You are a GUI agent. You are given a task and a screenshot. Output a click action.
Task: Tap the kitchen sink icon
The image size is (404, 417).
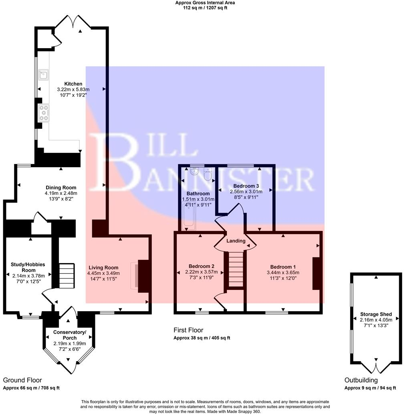click(43, 75)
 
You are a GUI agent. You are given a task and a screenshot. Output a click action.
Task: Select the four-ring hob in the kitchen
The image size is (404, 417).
click(44, 113)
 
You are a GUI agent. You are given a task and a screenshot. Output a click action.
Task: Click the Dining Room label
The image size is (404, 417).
click(61, 188)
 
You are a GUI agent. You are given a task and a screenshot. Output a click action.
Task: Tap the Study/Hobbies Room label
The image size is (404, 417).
click(28, 267)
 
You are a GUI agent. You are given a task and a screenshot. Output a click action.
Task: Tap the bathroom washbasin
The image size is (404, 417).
click(194, 171)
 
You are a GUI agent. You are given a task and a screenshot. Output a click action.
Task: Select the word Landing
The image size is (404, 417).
click(236, 241)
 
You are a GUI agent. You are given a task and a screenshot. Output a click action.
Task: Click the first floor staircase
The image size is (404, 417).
click(236, 269)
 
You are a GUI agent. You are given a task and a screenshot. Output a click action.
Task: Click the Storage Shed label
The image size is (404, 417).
click(376, 314)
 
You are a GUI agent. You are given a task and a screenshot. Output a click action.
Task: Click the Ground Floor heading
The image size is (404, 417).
click(22, 380)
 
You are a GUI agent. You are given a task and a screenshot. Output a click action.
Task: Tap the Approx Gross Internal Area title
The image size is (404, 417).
click(205, 3)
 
